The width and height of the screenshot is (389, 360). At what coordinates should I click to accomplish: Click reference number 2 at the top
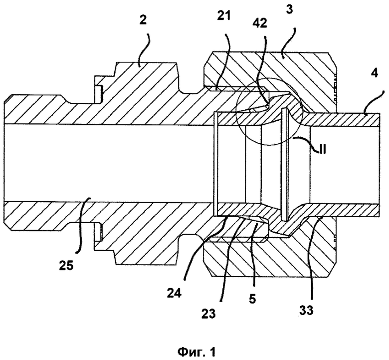[x=143, y=20]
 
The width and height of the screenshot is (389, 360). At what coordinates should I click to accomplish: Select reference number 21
[x=224, y=16]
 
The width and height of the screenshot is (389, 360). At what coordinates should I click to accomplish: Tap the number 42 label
[x=260, y=23]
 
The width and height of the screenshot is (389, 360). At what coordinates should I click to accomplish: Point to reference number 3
[x=289, y=9]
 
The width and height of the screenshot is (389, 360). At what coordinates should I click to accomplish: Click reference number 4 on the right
[x=374, y=73]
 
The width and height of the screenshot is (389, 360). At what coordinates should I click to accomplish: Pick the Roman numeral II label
[x=322, y=150]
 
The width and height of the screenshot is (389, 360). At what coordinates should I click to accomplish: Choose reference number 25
[x=66, y=266]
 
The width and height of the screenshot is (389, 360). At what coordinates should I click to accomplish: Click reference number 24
[x=174, y=293]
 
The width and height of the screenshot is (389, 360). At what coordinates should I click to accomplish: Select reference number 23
[x=208, y=314]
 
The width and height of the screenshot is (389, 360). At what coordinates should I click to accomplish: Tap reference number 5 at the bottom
[x=252, y=299]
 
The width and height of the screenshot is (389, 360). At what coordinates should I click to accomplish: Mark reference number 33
[x=306, y=310]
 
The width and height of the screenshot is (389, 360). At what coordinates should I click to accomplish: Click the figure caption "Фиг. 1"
[x=196, y=352]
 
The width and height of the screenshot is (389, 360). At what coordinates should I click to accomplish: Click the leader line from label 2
[x=145, y=50]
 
